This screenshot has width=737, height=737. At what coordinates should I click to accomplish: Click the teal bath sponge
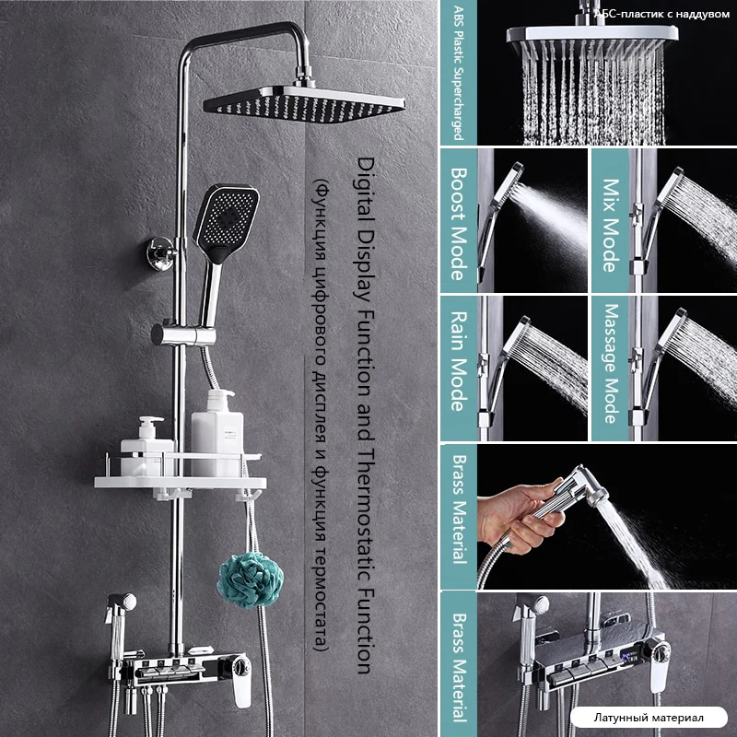coord(250,579)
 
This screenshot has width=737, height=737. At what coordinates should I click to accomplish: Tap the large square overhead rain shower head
coord(304,104)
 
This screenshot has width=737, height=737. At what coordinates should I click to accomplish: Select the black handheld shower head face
coord(227,221)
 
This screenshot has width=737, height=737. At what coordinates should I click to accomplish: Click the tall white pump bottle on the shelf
coord(217,432)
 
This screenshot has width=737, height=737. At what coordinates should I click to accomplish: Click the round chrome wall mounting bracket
coord(160,254)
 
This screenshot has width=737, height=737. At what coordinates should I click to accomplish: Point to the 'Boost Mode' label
coord(459,224)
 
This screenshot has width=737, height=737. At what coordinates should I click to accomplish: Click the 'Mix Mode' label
coord(611,225)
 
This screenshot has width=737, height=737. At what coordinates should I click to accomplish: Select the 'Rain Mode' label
coord(459,361)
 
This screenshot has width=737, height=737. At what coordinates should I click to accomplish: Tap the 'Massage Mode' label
coord(611,363)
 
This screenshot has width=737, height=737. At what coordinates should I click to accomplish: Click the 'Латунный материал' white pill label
coord(649,718)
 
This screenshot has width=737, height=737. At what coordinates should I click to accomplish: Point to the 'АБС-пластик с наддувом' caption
coord(661,14)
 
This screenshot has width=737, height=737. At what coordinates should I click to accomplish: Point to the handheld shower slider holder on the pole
coord(183,334)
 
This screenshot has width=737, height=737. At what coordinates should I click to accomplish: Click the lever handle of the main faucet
coord(241,680)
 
